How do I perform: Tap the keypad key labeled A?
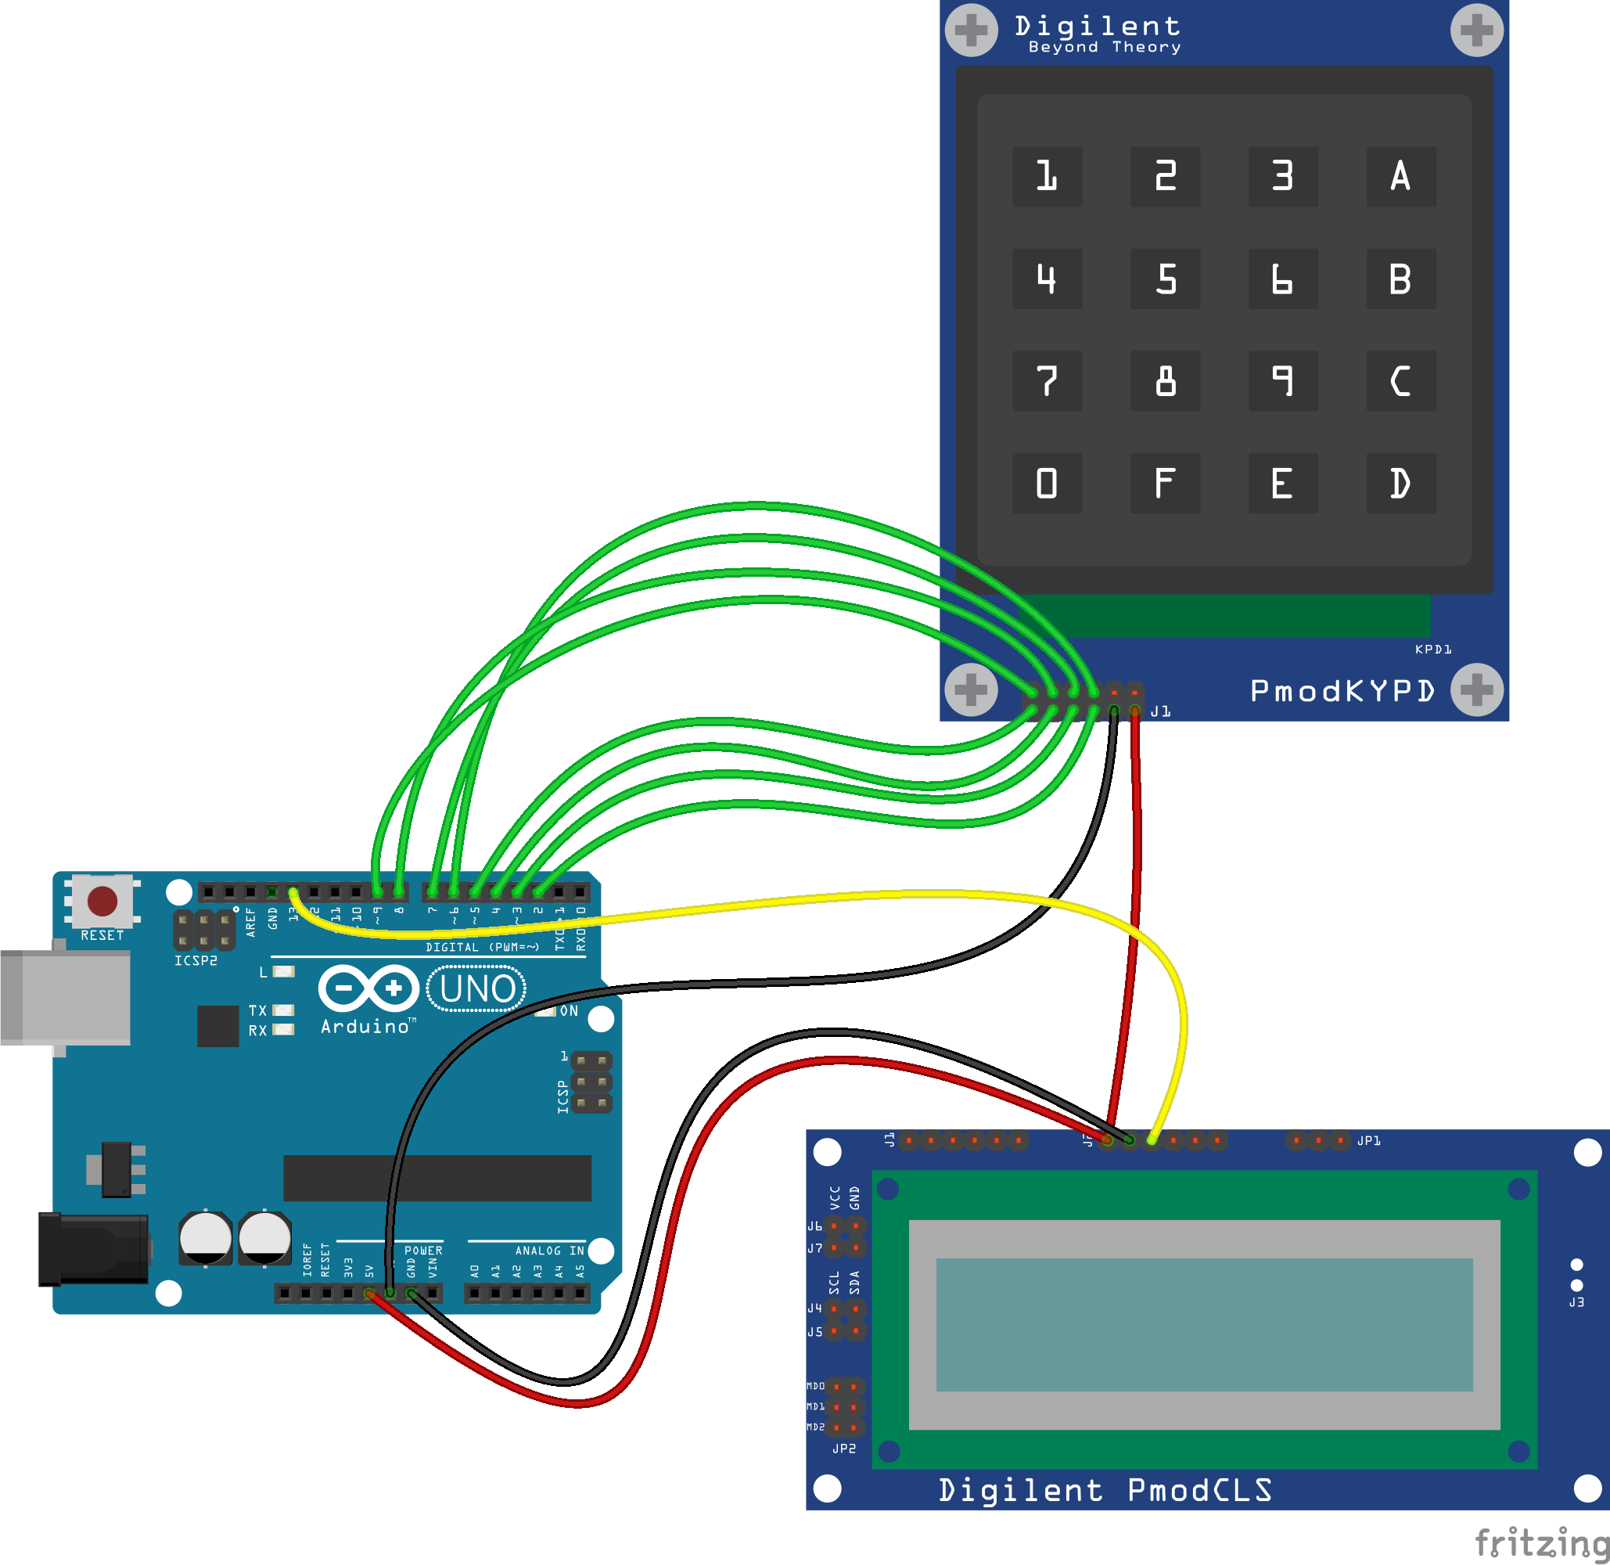(1400, 176)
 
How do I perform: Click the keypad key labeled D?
(1400, 483)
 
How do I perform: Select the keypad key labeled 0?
(1046, 483)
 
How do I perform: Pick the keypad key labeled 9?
(1283, 381)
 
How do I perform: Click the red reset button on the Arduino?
(102, 901)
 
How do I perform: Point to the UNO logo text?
(477, 988)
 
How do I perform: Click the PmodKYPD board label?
(1341, 691)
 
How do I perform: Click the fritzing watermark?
(1540, 1543)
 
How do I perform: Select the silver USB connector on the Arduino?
(66, 997)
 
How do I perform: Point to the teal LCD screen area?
(1203, 1324)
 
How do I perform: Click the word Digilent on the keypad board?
(1097, 27)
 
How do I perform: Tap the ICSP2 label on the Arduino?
(196, 959)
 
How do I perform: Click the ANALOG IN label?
(548, 1250)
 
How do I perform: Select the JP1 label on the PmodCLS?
(1368, 1141)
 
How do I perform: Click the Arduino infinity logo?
(368, 988)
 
